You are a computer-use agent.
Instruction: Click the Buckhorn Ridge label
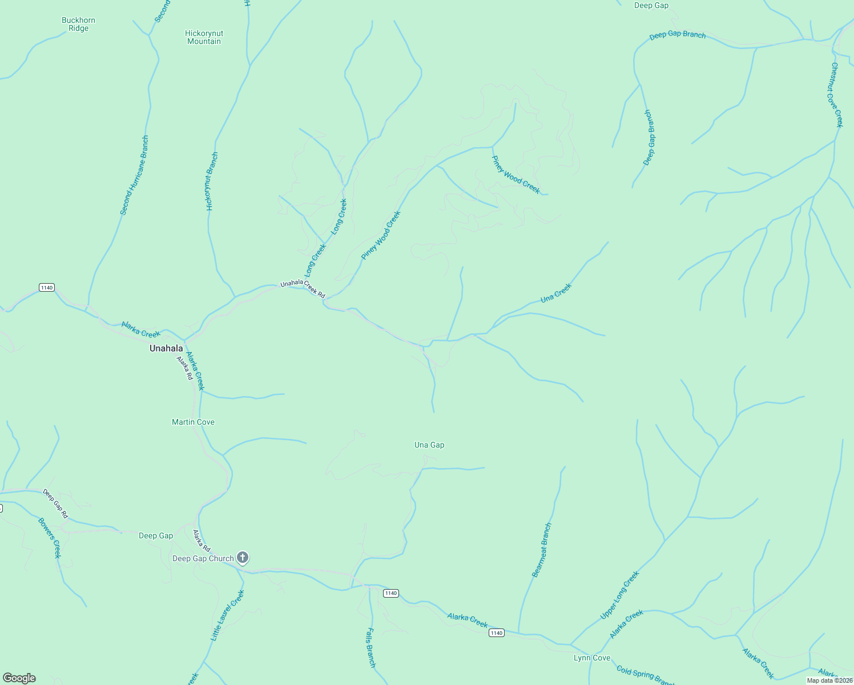78,25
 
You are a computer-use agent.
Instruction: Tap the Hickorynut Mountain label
204,37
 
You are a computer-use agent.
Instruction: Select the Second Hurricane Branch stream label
134,175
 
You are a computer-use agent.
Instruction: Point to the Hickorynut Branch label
212,182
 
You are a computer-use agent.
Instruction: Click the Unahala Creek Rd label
303,289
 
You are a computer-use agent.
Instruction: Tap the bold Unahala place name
166,348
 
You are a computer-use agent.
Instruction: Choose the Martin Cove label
193,422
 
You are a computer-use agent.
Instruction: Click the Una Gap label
429,445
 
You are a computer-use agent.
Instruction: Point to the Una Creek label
555,293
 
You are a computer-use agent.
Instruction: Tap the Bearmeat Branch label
541,550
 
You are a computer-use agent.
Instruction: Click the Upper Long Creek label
619,595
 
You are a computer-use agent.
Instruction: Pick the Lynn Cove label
591,658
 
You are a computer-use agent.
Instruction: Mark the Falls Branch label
371,648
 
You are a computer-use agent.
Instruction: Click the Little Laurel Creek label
227,615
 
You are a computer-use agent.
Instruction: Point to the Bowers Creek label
49,538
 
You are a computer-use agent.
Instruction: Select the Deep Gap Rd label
55,503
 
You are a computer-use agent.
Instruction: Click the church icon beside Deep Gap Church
243,558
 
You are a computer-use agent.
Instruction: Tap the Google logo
19,678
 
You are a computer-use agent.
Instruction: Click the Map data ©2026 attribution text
829,680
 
